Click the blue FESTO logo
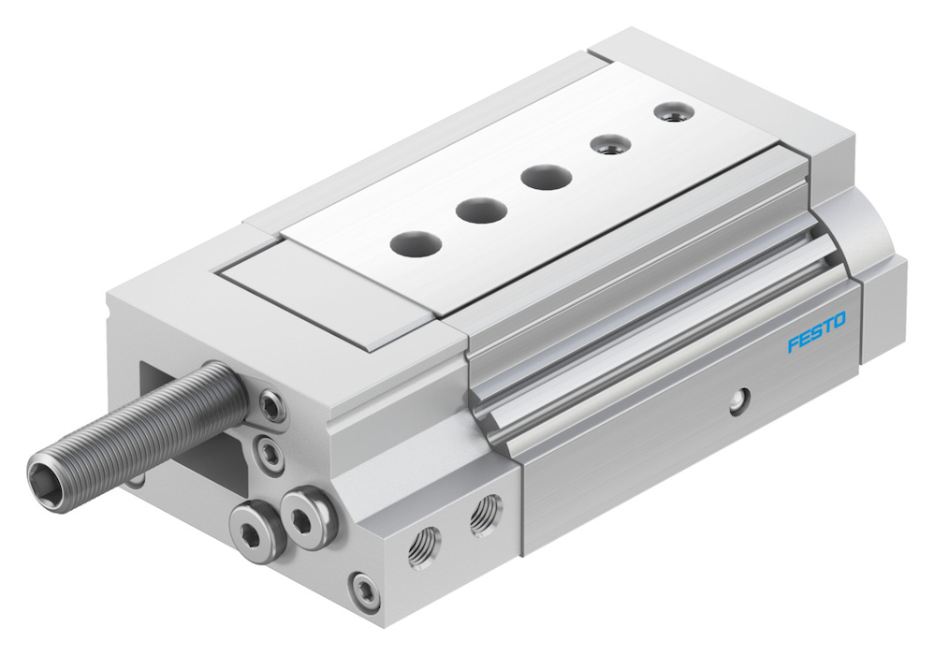816,332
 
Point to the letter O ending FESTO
839,322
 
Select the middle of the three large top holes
482,210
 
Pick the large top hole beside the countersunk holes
547,177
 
